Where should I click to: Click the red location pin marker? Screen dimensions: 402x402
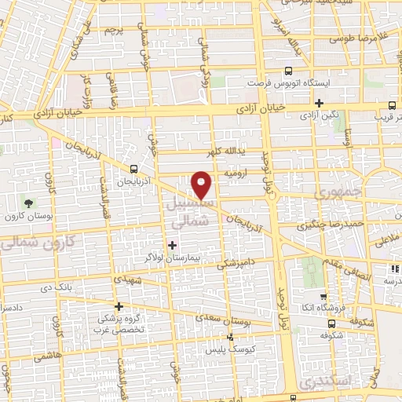click(203, 185)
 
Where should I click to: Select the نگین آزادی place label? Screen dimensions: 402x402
click(320, 116)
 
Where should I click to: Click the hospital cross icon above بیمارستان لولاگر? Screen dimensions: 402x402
click(173, 244)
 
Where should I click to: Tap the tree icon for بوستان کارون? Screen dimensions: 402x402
click(29, 203)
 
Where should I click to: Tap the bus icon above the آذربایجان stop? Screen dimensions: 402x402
click(134, 168)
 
